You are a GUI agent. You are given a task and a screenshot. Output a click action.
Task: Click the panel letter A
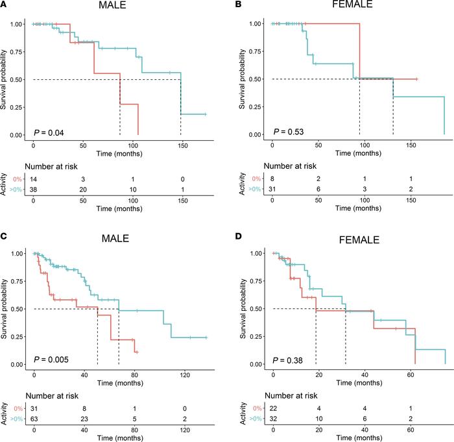coord(5,5)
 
